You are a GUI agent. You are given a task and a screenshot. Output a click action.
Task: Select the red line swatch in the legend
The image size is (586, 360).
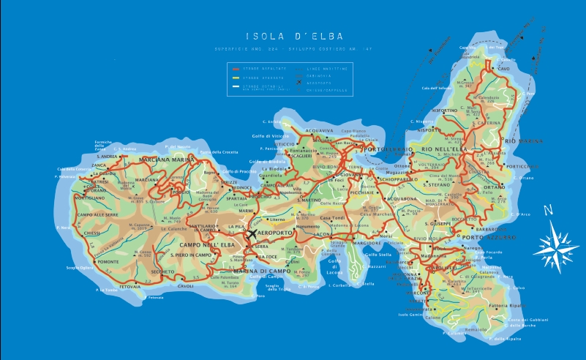[236, 67]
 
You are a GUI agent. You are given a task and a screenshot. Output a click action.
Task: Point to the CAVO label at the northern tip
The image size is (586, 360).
[503, 69]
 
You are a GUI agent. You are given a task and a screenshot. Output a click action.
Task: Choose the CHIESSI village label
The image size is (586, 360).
[91, 233]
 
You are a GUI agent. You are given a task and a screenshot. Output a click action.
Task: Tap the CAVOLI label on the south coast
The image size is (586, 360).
[187, 286]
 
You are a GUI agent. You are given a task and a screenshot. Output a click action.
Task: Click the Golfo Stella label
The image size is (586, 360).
[377, 255]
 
